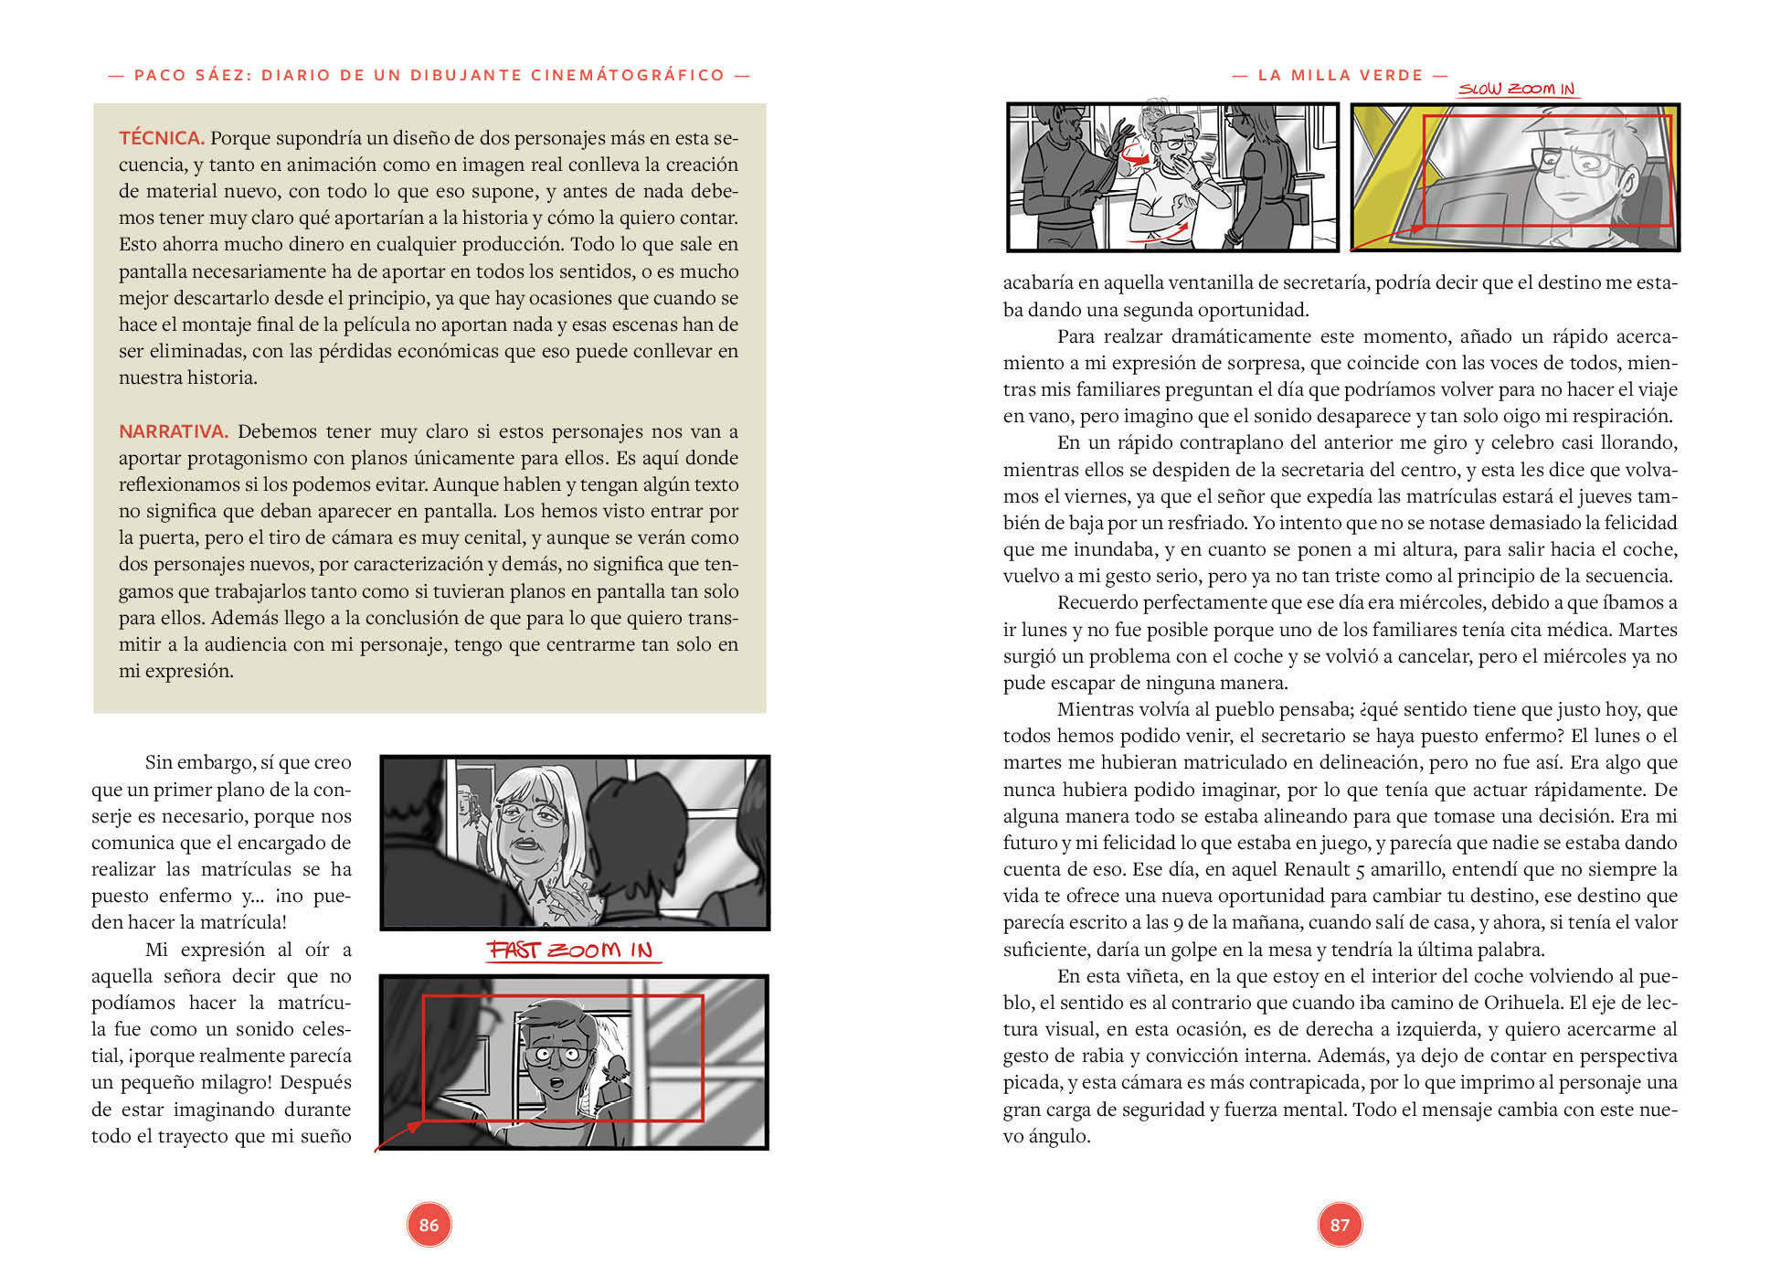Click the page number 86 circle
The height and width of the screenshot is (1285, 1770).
pyautogui.click(x=429, y=1225)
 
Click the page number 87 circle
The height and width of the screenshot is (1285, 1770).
pyautogui.click(x=1340, y=1225)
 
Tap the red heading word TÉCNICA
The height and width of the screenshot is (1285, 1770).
pyautogui.click(x=161, y=138)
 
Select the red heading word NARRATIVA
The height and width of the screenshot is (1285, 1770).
pyautogui.click(x=173, y=431)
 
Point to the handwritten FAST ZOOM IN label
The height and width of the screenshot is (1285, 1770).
pyautogui.click(x=570, y=950)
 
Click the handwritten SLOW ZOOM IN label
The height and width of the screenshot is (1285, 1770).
pyautogui.click(x=1516, y=89)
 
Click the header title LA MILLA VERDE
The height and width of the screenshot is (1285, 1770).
pyautogui.click(x=1341, y=75)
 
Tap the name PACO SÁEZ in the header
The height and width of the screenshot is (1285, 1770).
pyautogui.click(x=187, y=75)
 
